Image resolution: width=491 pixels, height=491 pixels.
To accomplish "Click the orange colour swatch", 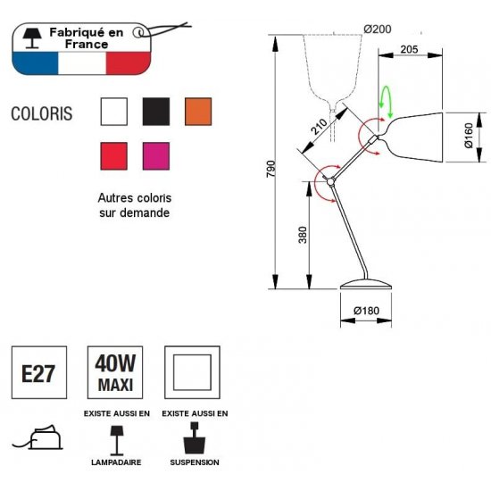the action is pos(198,112).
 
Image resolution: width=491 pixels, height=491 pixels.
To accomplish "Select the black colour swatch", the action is pos(156,112).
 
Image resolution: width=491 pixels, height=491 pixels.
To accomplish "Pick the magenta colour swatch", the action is pos(156,156).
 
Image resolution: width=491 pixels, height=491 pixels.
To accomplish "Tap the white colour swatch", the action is pos(114,112).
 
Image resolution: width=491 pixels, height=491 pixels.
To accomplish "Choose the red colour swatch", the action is pos(114,156).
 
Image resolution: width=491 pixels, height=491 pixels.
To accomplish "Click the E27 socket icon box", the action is pos(39,372).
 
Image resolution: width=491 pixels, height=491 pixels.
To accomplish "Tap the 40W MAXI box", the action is pos(115,372).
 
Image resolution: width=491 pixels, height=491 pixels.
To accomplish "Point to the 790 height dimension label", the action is pos(270,169).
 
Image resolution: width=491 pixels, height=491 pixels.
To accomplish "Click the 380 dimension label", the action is pos(303,235).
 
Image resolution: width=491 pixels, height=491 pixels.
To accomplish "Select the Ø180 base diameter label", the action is pos(366,311).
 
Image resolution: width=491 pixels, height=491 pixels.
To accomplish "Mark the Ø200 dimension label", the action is pos(378,29).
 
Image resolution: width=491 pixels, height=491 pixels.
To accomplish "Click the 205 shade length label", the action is pos(409,49).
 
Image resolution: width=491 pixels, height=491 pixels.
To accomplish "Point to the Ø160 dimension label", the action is pos(469,136).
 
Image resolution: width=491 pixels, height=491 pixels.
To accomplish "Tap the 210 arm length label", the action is pos(319,127).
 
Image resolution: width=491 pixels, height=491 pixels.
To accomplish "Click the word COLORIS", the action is pos(42,113).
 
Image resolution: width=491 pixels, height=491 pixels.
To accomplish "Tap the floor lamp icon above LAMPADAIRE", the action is pos(117,440).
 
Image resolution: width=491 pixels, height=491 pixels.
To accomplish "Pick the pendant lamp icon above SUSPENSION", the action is pos(195,437).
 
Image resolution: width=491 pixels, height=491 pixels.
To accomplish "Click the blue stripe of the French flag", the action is pos(36,62).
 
